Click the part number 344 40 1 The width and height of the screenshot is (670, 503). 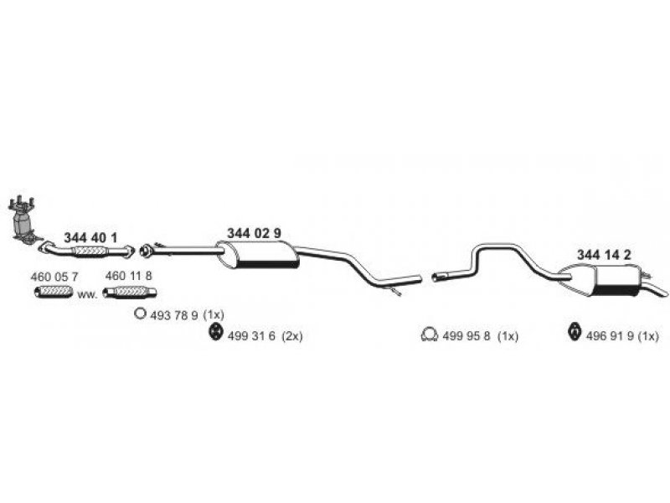click(x=90, y=238)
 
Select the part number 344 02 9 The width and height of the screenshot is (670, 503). click(x=254, y=233)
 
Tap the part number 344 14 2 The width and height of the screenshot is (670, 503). click(x=604, y=255)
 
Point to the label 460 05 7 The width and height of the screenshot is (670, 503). click(x=54, y=277)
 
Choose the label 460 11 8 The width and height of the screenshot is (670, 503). click(x=129, y=276)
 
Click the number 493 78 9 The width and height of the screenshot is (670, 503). click(x=174, y=315)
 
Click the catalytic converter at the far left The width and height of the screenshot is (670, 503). click(x=23, y=220)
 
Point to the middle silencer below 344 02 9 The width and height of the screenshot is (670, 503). click(x=258, y=255)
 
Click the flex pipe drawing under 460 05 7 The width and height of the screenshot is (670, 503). click(x=54, y=292)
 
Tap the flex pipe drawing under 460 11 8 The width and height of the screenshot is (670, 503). click(x=130, y=292)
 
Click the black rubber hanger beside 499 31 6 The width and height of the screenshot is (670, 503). click(x=215, y=333)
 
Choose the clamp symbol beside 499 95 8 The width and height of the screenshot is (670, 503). click(x=430, y=334)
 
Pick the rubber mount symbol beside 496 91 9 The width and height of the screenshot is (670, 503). click(x=575, y=333)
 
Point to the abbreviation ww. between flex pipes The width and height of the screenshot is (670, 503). click(x=87, y=295)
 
